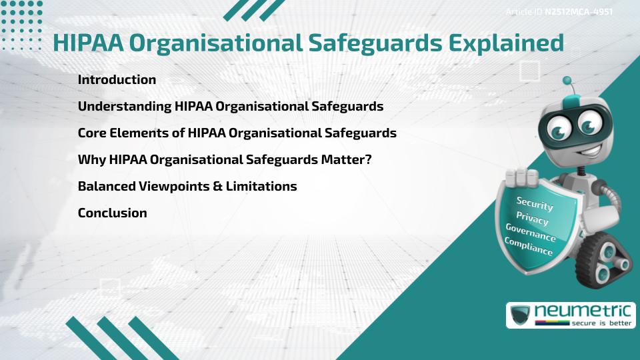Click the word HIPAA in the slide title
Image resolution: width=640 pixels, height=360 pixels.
tap(87, 43)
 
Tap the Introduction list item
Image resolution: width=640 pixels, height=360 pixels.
tap(117, 80)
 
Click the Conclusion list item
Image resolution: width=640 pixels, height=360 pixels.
tap(112, 213)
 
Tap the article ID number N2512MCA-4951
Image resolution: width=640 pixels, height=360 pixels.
tap(579, 12)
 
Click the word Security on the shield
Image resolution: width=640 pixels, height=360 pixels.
tap(535, 203)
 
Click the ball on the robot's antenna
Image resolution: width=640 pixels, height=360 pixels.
tap(567, 81)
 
